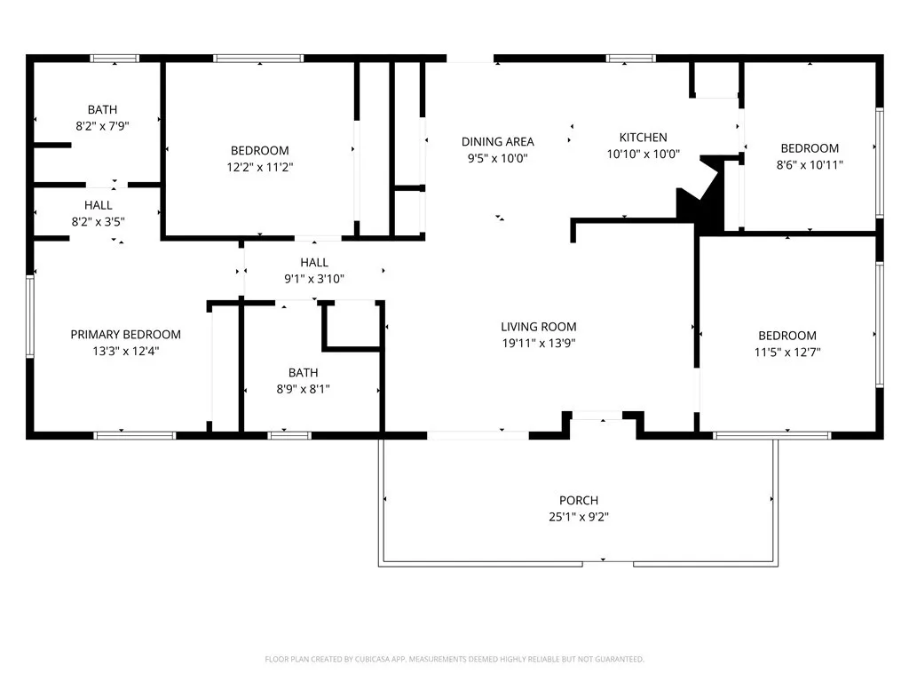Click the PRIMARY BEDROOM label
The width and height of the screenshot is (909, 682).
126,335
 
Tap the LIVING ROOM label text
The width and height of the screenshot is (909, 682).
539,327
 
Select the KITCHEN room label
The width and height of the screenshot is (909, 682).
643,138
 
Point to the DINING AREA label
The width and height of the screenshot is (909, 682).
497,141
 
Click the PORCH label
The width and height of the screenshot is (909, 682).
579,501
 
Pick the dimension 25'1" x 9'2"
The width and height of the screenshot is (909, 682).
579,517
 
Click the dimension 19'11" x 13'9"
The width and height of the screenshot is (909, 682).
539,344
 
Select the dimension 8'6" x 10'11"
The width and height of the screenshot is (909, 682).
810,164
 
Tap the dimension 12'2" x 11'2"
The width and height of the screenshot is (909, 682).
260,167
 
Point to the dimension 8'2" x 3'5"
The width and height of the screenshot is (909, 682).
98,221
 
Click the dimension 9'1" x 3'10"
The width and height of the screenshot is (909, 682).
314,279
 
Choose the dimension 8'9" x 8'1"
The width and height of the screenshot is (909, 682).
304,389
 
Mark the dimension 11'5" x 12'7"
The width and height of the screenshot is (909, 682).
787,352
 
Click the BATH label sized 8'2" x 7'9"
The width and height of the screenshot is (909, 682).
102,109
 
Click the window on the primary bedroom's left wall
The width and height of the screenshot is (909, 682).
30,317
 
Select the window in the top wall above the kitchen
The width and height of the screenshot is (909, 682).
631,58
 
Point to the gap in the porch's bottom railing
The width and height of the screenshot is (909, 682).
607,564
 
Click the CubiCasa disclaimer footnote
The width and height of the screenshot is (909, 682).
454,660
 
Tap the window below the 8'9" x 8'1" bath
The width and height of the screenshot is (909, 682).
289,435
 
